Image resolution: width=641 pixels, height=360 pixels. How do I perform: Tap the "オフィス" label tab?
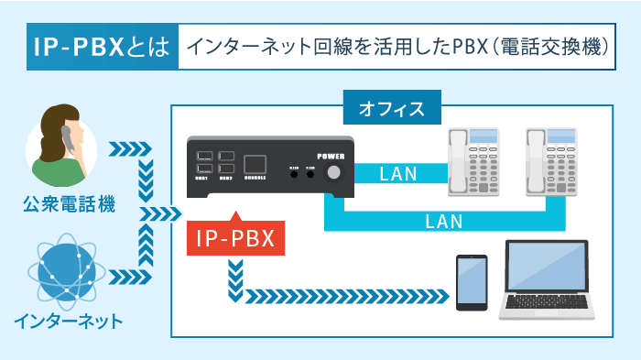[391, 109]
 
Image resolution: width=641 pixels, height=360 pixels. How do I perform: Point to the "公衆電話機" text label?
[69, 204]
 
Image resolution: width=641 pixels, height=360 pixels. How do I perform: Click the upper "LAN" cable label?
[397, 173]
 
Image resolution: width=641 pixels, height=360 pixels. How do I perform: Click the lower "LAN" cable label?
[444, 221]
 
